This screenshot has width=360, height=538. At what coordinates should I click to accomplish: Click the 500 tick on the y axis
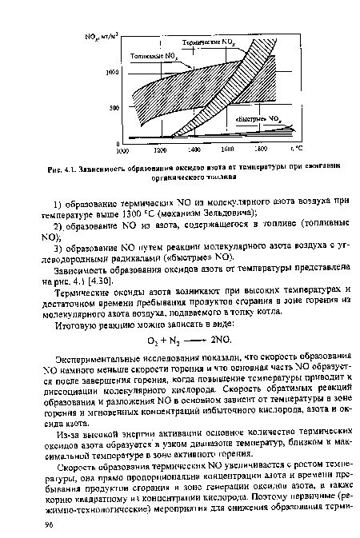tap(114, 106)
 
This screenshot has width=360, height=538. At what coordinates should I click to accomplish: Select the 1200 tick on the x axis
tap(158, 149)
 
